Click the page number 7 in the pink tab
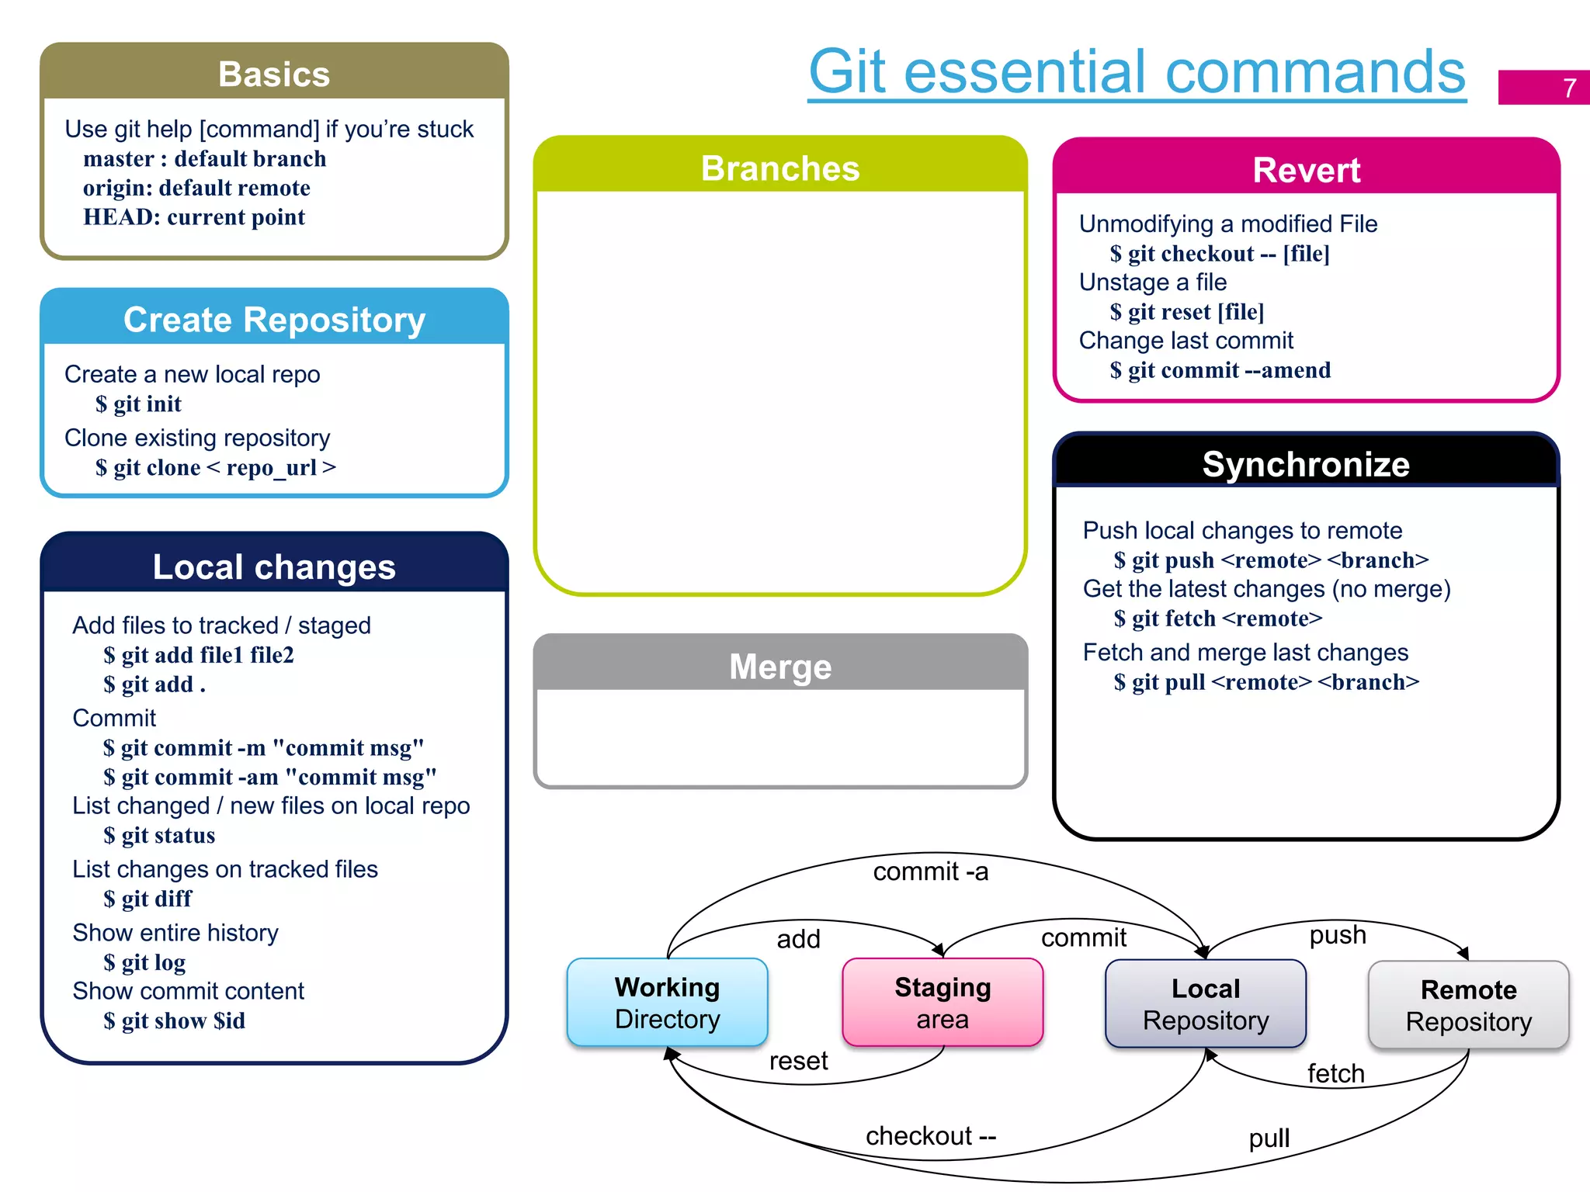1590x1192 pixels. click(x=1569, y=88)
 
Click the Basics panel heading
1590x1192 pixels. click(x=274, y=74)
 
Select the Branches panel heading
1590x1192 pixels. click(x=780, y=168)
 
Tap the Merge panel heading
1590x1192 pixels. click(x=780, y=667)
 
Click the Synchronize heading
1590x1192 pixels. click(x=1306, y=464)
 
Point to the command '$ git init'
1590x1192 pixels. click(x=139, y=404)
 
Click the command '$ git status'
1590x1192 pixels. click(x=160, y=836)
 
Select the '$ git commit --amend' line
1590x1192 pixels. click(x=1220, y=370)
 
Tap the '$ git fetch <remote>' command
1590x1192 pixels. click(x=1218, y=619)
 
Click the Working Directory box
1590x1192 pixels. click(x=668, y=1003)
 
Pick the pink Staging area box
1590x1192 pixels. click(x=943, y=1003)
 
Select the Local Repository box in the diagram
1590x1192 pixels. click(x=1206, y=1004)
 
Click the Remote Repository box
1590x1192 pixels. click(x=1468, y=1006)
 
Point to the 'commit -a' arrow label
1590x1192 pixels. click(x=931, y=871)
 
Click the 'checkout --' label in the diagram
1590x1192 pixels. click(x=931, y=1136)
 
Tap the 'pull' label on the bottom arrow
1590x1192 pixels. click(x=1269, y=1138)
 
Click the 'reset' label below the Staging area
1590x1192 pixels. click(x=798, y=1061)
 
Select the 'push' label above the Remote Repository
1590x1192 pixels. click(x=1338, y=934)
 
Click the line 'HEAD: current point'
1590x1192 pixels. click(x=194, y=217)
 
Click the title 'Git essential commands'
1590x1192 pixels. click(x=1137, y=71)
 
